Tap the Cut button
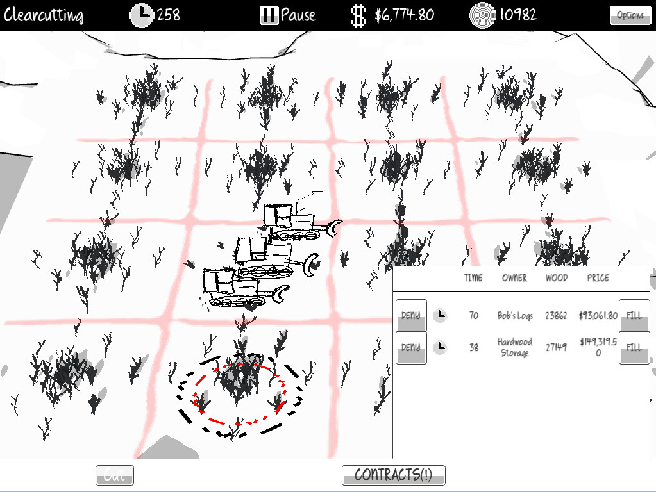pos(115,475)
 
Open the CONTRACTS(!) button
pos(393,475)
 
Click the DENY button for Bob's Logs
pos(411,315)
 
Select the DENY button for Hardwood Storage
pos(411,347)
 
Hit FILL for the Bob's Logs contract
pos(634,315)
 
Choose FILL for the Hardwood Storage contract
pos(634,347)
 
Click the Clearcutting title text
pos(44,15)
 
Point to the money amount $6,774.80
pos(404,15)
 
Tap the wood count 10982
pos(511,15)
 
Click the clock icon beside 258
pos(142,15)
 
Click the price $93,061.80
pos(598,315)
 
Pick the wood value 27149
pos(557,347)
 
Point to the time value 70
pos(473,315)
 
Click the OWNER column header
pos(514,278)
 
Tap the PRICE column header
pos(598,278)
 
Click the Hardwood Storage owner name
pos(514,347)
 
